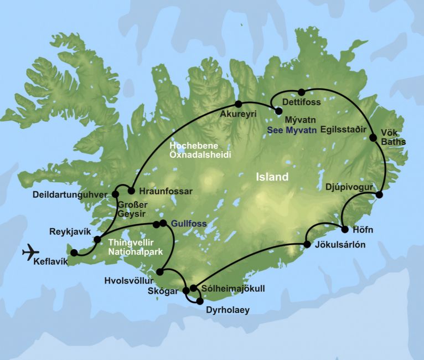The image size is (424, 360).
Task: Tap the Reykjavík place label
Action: pyautogui.click(x=69, y=232)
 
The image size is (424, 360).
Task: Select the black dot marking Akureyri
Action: pyautogui.click(x=239, y=104)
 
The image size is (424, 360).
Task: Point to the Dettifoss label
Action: pyautogui.click(x=301, y=102)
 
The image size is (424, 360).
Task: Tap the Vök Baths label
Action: pyautogui.click(x=393, y=137)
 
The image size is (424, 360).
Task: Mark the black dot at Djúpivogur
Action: pyautogui.click(x=380, y=194)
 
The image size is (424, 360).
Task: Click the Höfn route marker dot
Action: pyautogui.click(x=345, y=229)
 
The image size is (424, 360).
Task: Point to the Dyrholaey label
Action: pyautogui.click(x=224, y=311)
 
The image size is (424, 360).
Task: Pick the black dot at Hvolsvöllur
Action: pyautogui.click(x=160, y=271)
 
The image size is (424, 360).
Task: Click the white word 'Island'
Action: pyautogui.click(x=272, y=178)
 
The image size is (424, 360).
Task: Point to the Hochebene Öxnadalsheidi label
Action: pyautogui.click(x=201, y=149)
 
